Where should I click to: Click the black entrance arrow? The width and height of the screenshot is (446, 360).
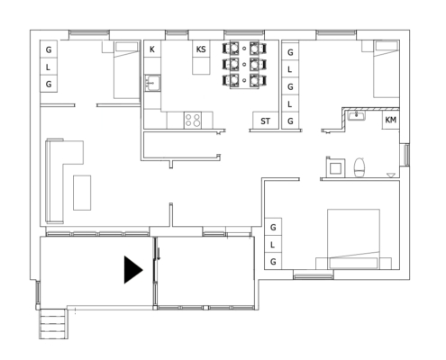pyautogui.click(x=132, y=270)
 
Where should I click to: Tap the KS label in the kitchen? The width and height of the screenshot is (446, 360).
pyautogui.click(x=201, y=49)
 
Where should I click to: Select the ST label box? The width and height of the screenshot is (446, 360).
pyautogui.click(x=265, y=121)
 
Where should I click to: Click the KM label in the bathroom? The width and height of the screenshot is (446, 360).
pyautogui.click(x=390, y=120)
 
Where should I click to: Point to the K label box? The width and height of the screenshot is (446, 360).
pyautogui.click(x=152, y=49)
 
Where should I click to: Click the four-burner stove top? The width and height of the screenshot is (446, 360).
pyautogui.click(x=193, y=121)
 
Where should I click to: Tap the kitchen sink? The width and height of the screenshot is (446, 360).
pyautogui.click(x=152, y=83)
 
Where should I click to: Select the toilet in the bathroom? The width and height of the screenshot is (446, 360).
pyautogui.click(x=360, y=167)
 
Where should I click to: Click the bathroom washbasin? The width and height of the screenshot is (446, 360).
pyautogui.click(x=357, y=115)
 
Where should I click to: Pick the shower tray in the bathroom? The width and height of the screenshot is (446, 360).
pyautogui.click(x=335, y=167)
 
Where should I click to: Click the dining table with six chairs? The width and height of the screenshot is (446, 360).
pyautogui.click(x=244, y=65)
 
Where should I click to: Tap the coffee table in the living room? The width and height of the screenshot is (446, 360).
pyautogui.click(x=82, y=193)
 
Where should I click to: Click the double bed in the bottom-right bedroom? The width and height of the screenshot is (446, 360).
pyautogui.click(x=353, y=239)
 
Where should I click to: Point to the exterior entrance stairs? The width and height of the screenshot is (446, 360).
pyautogui.click(x=53, y=324)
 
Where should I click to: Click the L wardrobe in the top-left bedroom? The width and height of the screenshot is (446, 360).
pyautogui.click(x=49, y=67)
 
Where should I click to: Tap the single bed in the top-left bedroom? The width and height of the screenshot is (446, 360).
pyautogui.click(x=127, y=70)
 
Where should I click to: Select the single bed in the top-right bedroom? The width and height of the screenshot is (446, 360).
pyautogui.click(x=387, y=69)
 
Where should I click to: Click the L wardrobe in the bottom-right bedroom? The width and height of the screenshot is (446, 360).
pyautogui.click(x=273, y=245)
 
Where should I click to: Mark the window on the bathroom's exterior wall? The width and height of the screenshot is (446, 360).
pyautogui.click(x=406, y=155)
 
